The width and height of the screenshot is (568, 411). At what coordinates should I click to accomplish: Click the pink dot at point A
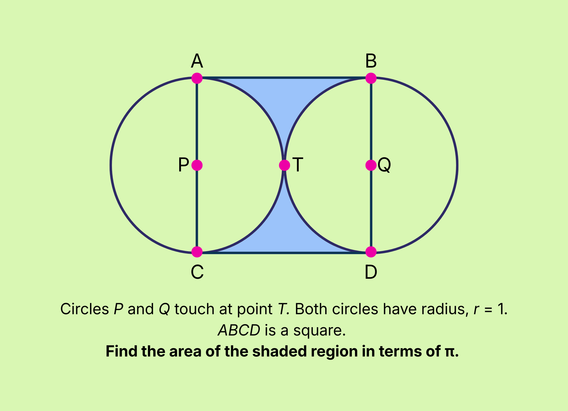click(x=197, y=78)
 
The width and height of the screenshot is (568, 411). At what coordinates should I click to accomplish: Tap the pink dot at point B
click(x=371, y=78)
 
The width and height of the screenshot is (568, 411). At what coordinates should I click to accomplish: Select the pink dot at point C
click(x=197, y=252)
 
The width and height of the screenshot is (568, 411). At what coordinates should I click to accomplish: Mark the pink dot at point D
click(x=371, y=252)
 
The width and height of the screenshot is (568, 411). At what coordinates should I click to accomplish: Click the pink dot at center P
click(x=197, y=165)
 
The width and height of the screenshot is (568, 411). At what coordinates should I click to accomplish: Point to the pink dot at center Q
click(x=371, y=165)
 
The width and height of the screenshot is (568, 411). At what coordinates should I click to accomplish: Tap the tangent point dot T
click(x=284, y=165)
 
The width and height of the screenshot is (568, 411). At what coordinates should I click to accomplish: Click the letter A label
click(x=197, y=61)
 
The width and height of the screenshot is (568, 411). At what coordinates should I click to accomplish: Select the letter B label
click(x=371, y=61)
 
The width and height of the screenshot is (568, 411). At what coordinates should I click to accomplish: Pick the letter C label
click(x=197, y=272)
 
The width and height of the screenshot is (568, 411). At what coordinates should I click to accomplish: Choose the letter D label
click(x=371, y=272)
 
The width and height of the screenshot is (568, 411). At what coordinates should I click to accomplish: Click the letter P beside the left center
click(x=183, y=165)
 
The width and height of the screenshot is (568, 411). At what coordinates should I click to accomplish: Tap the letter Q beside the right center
click(x=384, y=165)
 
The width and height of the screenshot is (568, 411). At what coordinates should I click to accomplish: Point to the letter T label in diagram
click(x=298, y=165)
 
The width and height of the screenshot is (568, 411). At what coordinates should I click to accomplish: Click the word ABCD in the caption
click(x=239, y=330)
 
